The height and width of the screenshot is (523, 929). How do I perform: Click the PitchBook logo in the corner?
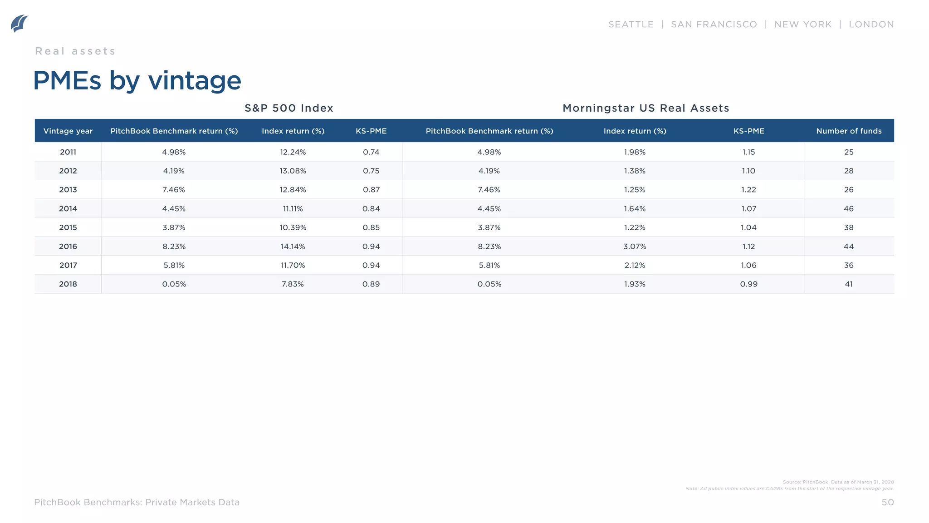click(x=19, y=24)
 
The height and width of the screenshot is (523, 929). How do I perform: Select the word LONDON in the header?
click(x=871, y=25)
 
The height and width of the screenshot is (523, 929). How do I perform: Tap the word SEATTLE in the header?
click(x=631, y=25)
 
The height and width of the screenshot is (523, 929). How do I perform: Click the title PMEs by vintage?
click(x=137, y=81)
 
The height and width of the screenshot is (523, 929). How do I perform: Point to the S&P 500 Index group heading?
click(x=289, y=108)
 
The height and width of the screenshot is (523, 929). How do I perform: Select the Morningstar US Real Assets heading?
click(x=645, y=108)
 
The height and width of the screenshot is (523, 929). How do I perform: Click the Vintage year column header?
click(x=68, y=131)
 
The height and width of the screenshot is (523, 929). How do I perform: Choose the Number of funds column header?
click(x=848, y=131)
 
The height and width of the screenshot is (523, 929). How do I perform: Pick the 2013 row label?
click(x=68, y=190)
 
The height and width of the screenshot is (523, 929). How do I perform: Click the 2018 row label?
click(x=68, y=284)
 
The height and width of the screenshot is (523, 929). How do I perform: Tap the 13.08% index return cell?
click(x=293, y=171)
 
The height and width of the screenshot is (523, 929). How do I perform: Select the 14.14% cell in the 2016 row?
click(x=293, y=247)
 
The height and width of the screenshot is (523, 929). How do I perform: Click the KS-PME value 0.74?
click(x=371, y=152)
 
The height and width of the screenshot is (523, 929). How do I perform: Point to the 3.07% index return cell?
click(x=634, y=247)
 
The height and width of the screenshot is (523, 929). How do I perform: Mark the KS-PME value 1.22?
click(x=748, y=190)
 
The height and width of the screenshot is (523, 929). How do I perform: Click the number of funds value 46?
click(x=848, y=209)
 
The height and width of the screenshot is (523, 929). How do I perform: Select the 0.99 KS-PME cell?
click(x=748, y=284)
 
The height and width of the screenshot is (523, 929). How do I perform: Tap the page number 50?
click(x=887, y=502)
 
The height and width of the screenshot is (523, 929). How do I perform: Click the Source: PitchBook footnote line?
click(x=838, y=482)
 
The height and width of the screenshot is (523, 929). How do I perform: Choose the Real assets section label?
click(x=75, y=51)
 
